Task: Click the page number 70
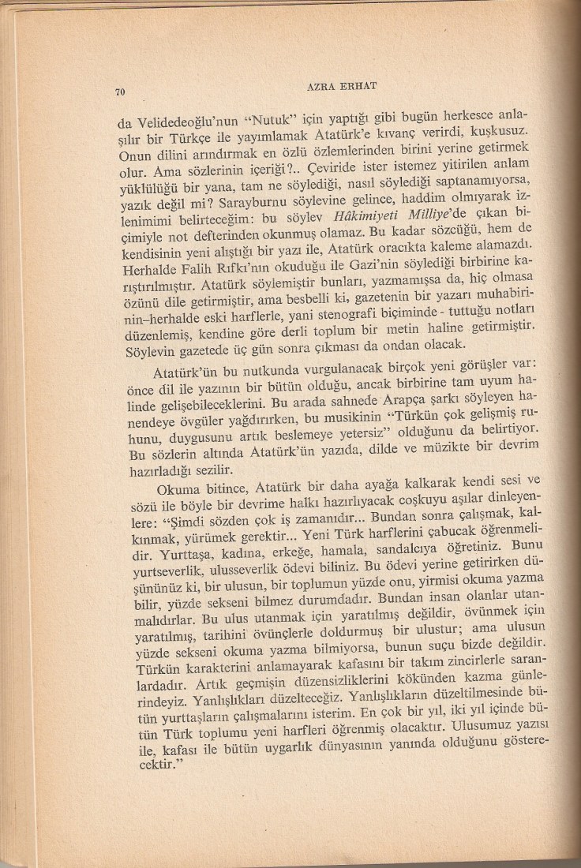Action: (121, 92)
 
